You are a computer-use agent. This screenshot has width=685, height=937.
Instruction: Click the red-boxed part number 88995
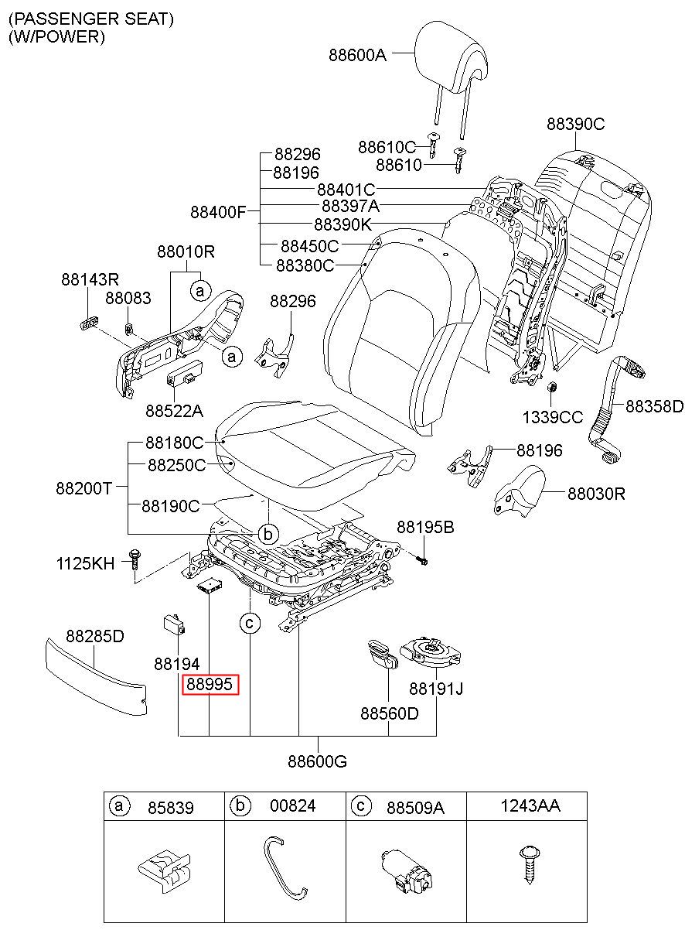[x=210, y=683]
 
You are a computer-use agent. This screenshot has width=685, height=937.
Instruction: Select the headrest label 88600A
[x=358, y=55]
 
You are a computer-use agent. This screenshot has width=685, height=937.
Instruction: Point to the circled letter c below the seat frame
[x=250, y=624]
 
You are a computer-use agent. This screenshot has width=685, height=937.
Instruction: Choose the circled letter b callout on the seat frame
[x=268, y=534]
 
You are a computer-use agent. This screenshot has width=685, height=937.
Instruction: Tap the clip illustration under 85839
[x=164, y=869]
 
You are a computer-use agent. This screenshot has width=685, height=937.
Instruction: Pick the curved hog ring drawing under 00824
[x=285, y=867]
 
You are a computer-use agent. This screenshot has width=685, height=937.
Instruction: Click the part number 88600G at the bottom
[x=317, y=761]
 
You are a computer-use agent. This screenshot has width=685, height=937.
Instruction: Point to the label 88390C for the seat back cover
[x=575, y=124]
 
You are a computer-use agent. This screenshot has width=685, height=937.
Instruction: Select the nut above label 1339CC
[x=551, y=387]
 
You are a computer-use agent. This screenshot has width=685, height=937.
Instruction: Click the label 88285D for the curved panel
[x=95, y=636]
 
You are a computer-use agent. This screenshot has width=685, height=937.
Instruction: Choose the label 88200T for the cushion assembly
[x=84, y=488]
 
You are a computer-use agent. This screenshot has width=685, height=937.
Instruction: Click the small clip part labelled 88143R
[x=89, y=323]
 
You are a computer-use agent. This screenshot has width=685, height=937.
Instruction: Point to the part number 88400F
[x=219, y=212]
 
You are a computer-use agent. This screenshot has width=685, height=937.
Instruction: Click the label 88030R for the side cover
[x=596, y=494]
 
